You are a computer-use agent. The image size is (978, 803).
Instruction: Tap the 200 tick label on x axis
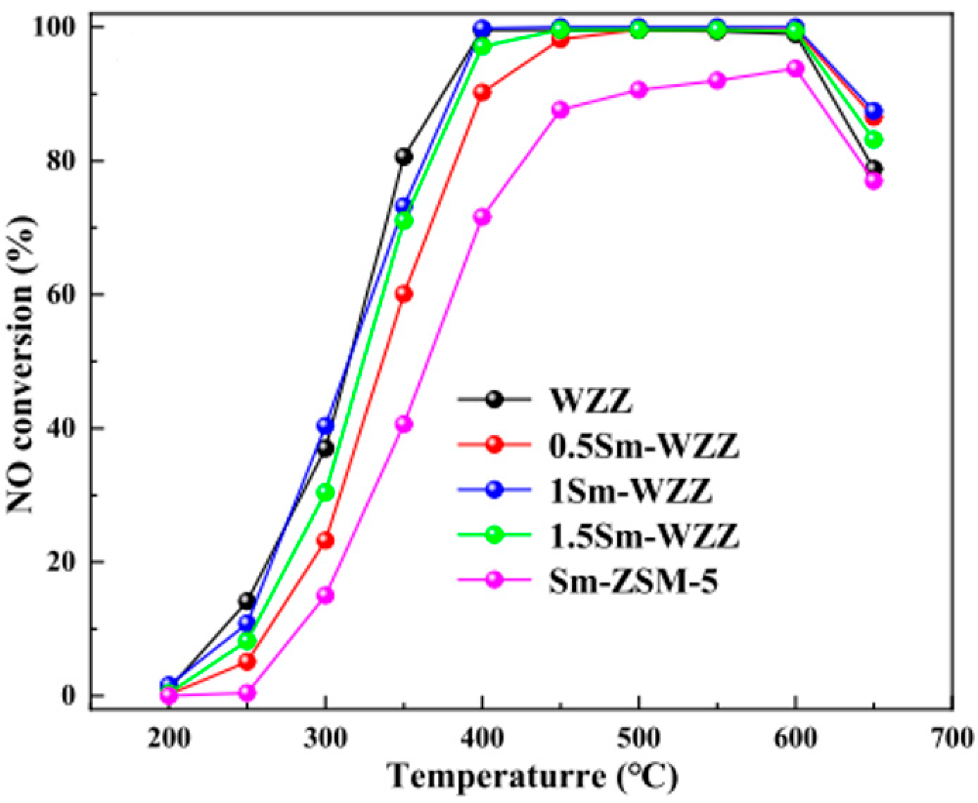click(169, 739)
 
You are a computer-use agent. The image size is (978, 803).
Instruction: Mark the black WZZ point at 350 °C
click(403, 156)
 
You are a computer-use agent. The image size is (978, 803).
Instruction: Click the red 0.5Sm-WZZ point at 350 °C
click(404, 294)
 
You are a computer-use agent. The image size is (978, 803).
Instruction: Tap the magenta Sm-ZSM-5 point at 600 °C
click(795, 68)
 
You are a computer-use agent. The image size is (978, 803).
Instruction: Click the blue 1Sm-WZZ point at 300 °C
click(325, 425)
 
